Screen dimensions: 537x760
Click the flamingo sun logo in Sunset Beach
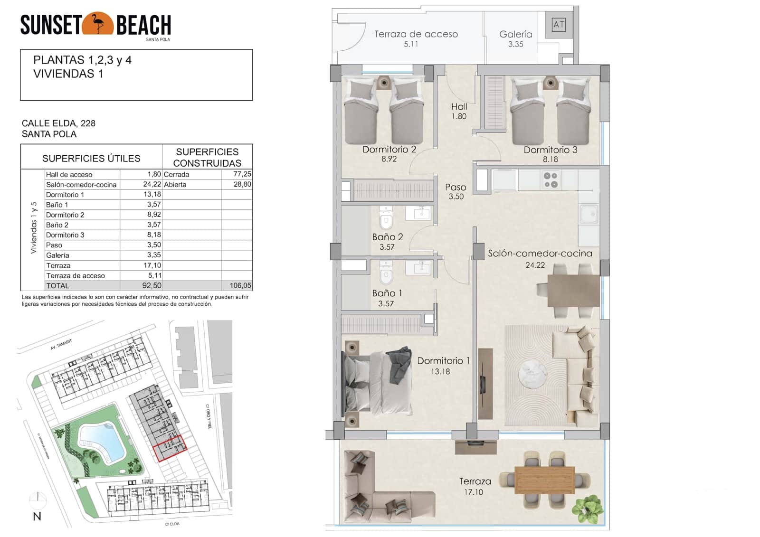98,24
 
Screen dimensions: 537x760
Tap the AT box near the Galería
559,24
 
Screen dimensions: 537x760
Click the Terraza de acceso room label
416,34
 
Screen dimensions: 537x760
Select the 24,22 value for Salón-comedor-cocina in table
152,184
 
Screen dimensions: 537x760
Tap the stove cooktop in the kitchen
551,180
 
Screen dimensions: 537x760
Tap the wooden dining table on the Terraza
544,480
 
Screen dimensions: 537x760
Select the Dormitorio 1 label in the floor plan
443,361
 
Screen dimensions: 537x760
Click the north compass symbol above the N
38,499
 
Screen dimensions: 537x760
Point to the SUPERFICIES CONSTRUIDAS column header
207,157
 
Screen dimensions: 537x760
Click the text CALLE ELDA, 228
58,123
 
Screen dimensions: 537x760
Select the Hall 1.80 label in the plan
459,111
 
